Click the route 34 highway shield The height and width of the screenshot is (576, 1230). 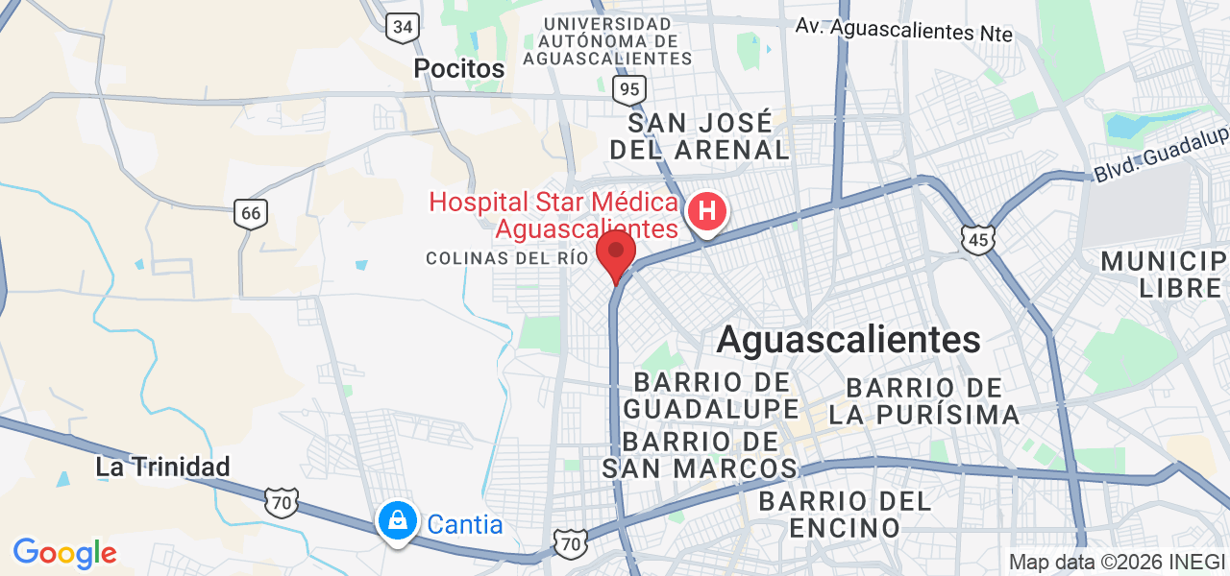pos(403,27)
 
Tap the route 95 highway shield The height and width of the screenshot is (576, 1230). pos(629,90)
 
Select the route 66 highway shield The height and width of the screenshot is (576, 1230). pos(251,213)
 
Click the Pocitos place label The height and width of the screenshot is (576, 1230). pos(458,68)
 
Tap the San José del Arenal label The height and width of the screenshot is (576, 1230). pos(699,136)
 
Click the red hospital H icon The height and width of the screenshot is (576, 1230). pos(707,210)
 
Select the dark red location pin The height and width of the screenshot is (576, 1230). pos(616,253)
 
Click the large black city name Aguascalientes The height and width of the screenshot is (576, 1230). pos(849,339)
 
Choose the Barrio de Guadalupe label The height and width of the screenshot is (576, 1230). pos(711,396)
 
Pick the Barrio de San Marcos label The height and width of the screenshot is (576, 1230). pos(700,455)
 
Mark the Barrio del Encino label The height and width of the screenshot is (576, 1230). pos(845,514)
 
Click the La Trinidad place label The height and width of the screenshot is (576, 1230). pos(162,467)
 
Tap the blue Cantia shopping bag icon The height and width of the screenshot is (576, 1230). pos(397,521)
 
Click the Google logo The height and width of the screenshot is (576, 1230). pos(64,553)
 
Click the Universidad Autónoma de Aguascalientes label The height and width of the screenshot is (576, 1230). pos(607,40)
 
